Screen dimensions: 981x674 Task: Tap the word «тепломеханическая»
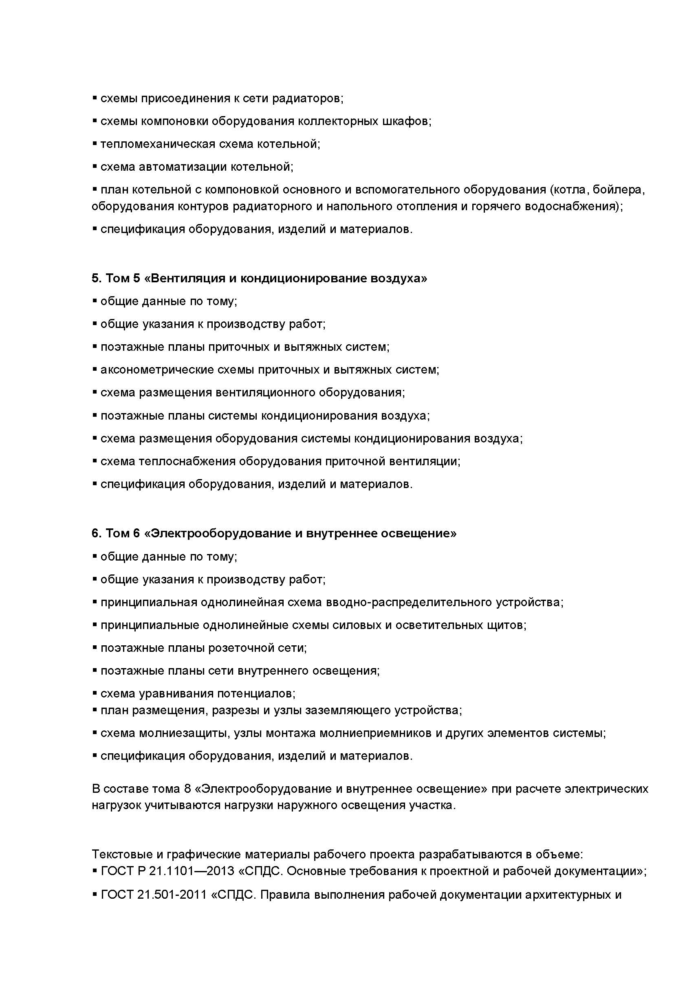[x=158, y=144]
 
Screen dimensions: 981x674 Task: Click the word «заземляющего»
[x=348, y=710]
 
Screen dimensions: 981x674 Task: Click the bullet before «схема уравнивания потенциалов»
[x=95, y=693]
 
